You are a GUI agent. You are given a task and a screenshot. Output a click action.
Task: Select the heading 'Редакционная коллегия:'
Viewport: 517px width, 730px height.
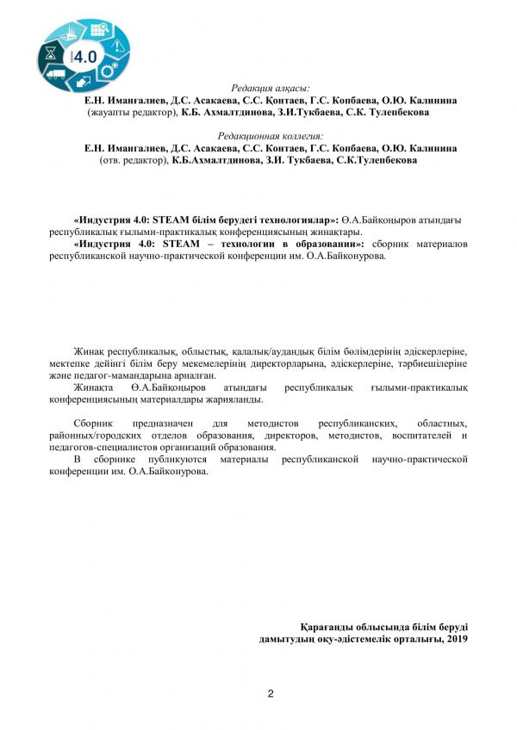pos(270,136)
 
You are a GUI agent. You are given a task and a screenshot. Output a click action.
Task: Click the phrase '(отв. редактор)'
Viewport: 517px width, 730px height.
pos(134,160)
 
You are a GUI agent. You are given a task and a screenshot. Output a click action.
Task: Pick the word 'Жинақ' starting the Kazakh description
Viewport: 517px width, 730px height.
pos(88,352)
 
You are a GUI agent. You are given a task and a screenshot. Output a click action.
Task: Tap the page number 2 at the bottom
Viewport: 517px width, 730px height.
pos(270,694)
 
